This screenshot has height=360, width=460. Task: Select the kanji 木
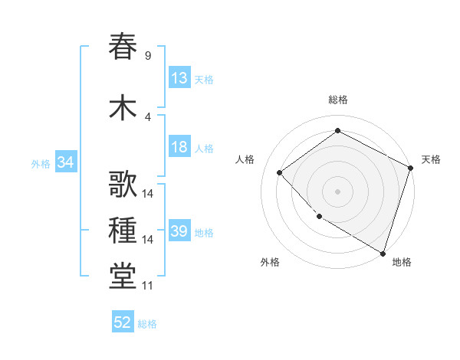123,106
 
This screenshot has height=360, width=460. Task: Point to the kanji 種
123,231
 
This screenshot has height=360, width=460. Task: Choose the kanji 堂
123,277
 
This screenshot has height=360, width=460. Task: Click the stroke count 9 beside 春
147,55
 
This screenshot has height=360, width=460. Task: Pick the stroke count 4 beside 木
147,116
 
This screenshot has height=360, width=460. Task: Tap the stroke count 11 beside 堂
147,286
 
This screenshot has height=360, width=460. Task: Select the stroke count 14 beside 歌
148,193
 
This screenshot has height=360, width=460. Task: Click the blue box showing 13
179,78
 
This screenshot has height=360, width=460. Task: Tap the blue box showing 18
179,148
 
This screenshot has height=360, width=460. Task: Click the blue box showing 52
123,322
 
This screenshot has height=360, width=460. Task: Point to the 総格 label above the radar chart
337,100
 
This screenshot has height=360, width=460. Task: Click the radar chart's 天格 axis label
431,159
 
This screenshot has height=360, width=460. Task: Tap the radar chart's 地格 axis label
402,262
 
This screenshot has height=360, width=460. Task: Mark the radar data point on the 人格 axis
280,173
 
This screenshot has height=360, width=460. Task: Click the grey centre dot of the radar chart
337,191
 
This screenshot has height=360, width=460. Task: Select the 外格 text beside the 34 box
41,163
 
